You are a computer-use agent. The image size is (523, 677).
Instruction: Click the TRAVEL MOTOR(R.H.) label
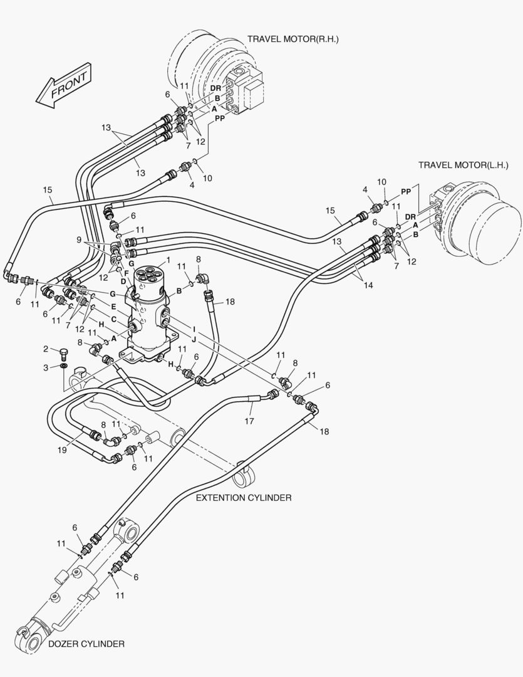pos(293,39)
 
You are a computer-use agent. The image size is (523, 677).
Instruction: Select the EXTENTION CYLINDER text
pos(244,498)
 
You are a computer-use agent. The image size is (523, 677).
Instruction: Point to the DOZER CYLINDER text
pos(86,644)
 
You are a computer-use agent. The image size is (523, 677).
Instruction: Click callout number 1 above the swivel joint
pos(168,260)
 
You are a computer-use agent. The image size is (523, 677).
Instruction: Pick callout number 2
pos(46,349)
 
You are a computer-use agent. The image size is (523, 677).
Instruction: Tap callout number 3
pos(46,367)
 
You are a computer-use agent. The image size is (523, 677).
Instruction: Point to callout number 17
pos(249,421)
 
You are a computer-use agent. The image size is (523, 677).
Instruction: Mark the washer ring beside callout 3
pos(65,366)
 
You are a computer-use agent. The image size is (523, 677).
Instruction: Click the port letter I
pos(194,328)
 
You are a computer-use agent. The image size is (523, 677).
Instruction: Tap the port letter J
pos(194,339)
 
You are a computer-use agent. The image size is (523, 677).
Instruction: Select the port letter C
pos(113,319)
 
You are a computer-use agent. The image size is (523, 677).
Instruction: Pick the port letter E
pos(113,307)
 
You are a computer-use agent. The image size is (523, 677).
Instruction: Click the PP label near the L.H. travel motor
pos(406,191)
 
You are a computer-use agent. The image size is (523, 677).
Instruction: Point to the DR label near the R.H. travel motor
pos(215,88)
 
